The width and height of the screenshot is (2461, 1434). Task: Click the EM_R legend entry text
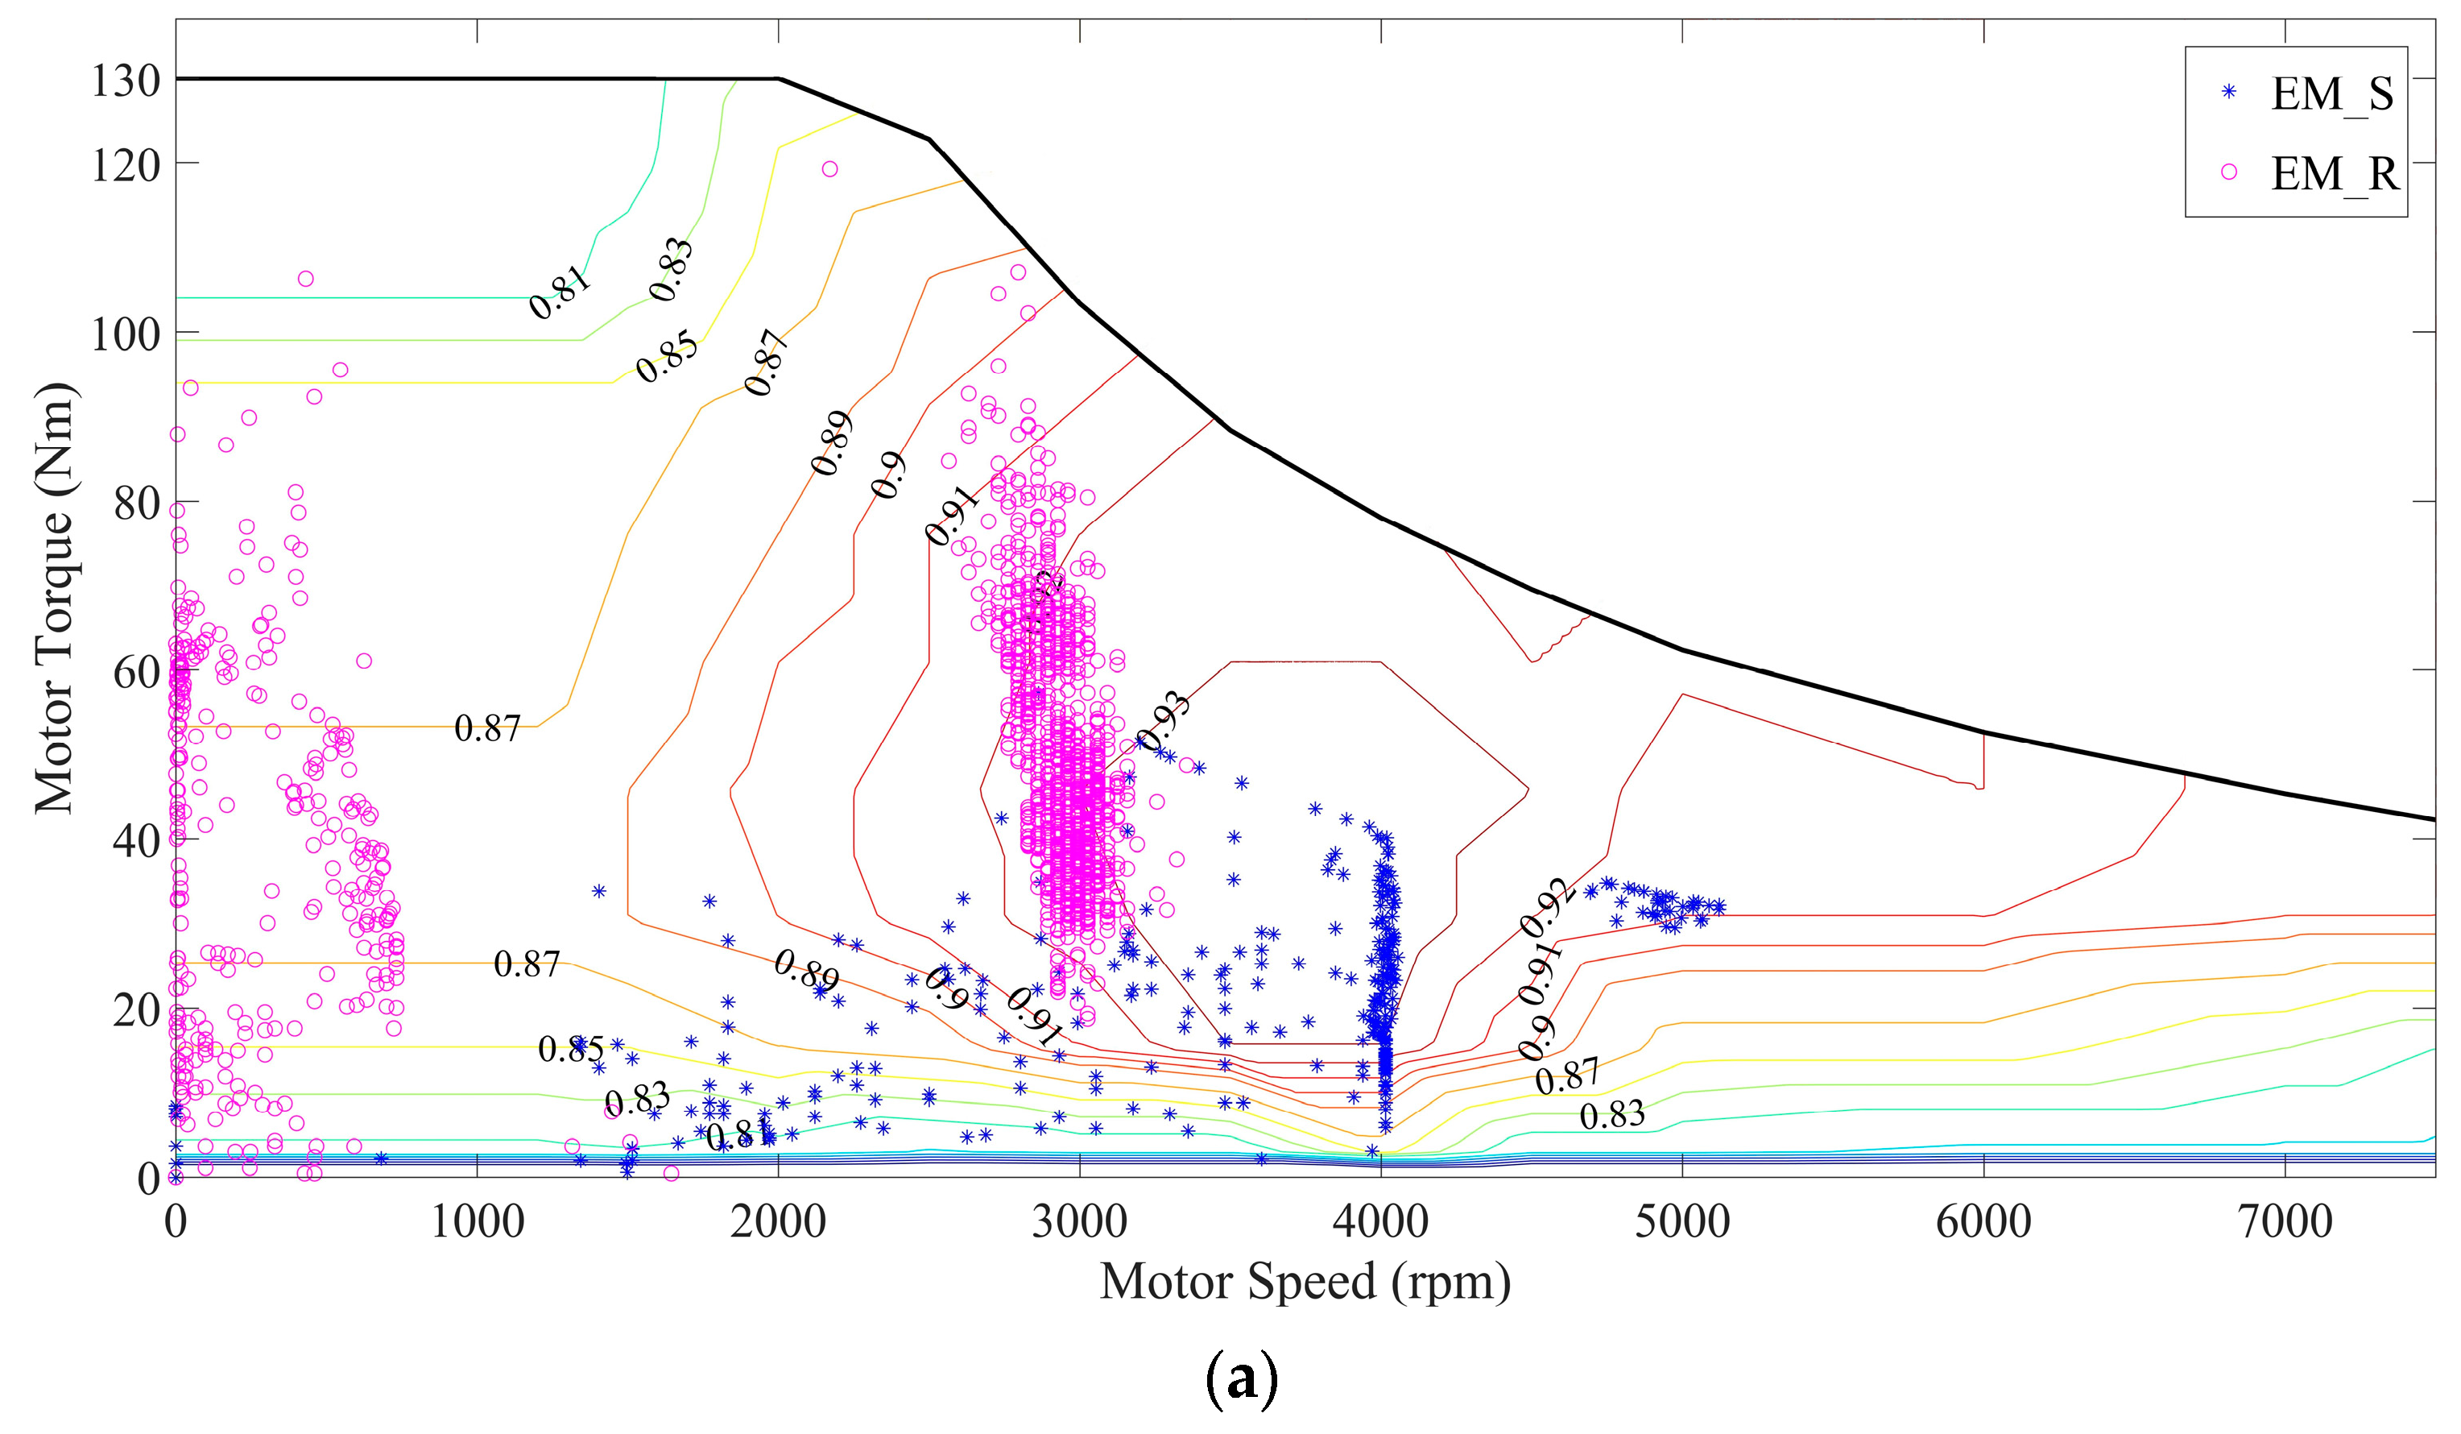click(2334, 174)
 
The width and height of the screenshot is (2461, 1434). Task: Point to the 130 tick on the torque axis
click(126, 80)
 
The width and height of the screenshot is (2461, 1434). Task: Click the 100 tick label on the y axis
click(126, 335)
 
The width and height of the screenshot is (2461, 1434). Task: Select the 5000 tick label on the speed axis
click(1681, 1222)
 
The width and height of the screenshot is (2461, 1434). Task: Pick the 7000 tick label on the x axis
click(2285, 1222)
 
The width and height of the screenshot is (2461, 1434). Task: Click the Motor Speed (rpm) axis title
click(1305, 1283)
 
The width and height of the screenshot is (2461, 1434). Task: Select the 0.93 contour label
click(1163, 721)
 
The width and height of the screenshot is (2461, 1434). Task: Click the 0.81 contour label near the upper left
click(560, 291)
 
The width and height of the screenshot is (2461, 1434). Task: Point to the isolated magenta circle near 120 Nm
click(830, 169)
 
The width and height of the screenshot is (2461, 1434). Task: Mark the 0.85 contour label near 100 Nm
click(667, 357)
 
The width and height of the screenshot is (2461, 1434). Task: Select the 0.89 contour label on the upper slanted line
click(832, 443)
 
